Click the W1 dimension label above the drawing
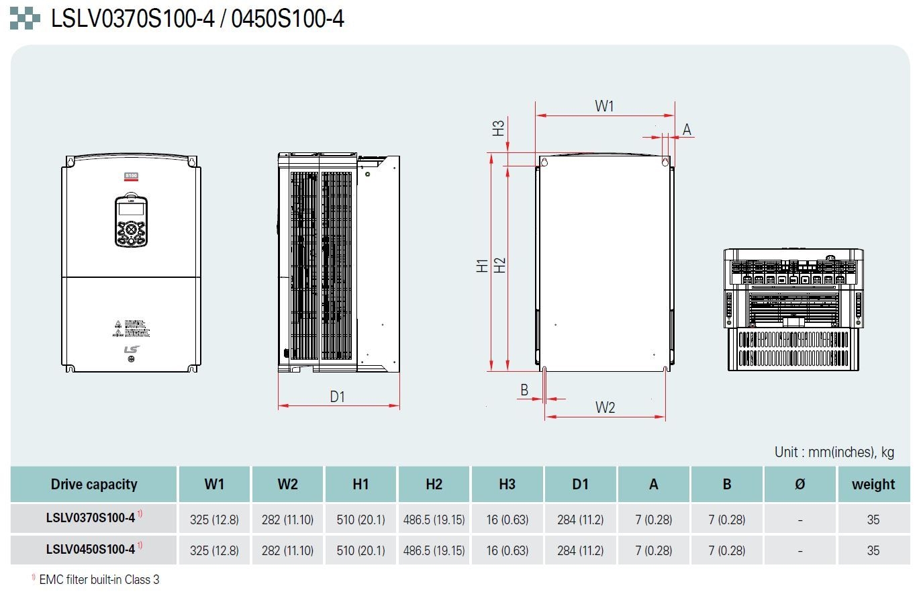(604, 105)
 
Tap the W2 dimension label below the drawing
(605, 407)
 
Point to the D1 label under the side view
(337, 397)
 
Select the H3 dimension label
(498, 128)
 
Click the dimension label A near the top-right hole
(687, 130)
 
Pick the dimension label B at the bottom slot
(524, 390)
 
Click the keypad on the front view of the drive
(131, 221)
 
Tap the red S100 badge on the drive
(131, 176)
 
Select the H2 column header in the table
(434, 485)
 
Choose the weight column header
(873, 485)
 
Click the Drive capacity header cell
(94, 485)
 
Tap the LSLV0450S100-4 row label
(91, 549)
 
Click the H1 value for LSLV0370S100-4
(361, 520)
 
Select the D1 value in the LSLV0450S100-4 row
(580, 551)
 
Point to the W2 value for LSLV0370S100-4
(287, 520)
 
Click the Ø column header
(800, 485)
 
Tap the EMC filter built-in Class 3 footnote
(99, 579)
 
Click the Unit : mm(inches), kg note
(834, 452)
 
